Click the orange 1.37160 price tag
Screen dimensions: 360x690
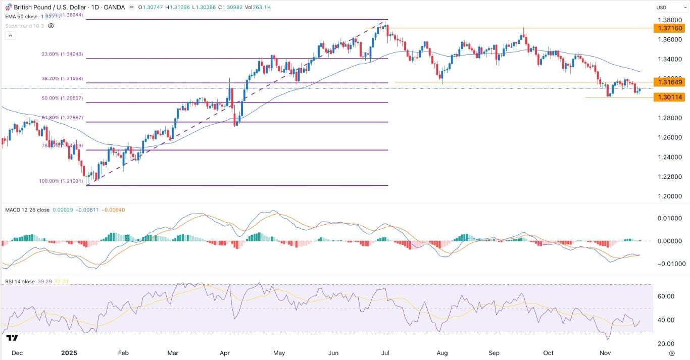coord(668,28)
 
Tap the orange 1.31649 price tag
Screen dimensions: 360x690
coord(668,82)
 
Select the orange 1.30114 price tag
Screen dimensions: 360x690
coord(668,97)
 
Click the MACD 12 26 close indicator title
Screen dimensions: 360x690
coord(27,210)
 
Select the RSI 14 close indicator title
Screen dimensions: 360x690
coord(20,281)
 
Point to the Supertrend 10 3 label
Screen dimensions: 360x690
coord(24,25)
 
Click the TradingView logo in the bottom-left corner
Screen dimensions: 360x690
coord(13,338)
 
